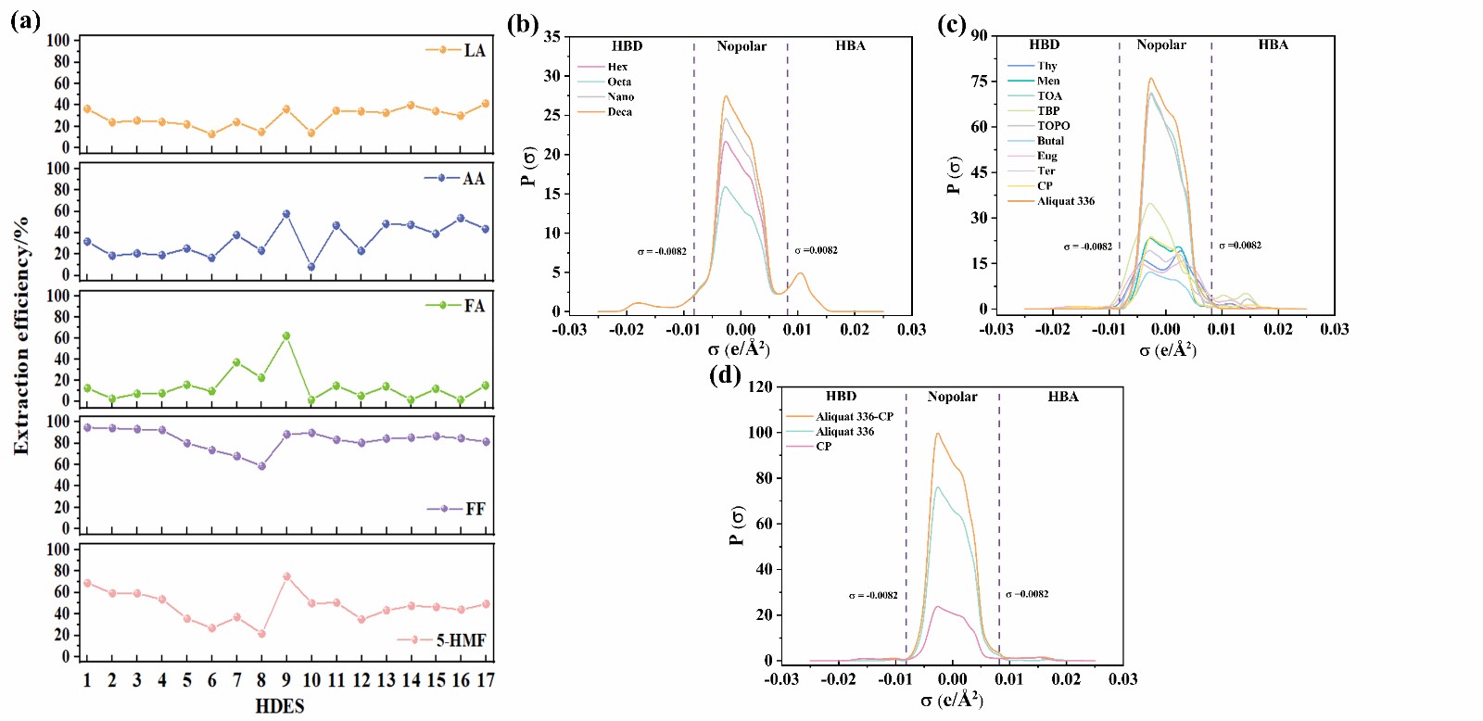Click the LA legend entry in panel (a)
(x=474, y=50)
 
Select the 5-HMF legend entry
(x=461, y=640)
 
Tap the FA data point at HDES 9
(x=286, y=336)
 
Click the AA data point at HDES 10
(x=311, y=267)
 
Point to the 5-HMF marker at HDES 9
(x=286, y=576)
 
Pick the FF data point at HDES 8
(x=261, y=466)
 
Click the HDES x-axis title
(x=280, y=706)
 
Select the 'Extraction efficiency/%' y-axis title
(x=21, y=335)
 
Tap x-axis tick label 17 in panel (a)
(x=486, y=681)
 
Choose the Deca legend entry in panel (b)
(x=619, y=112)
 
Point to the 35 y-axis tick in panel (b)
(x=552, y=37)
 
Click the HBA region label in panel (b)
(x=850, y=45)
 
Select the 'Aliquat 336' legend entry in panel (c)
(x=1065, y=201)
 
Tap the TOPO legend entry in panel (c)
(x=1053, y=126)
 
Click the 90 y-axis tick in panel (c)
(x=980, y=36)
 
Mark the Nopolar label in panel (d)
(x=952, y=397)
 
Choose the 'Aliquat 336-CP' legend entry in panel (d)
(x=854, y=417)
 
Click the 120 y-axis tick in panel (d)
(x=761, y=387)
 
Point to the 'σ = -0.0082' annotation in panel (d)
(x=873, y=595)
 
